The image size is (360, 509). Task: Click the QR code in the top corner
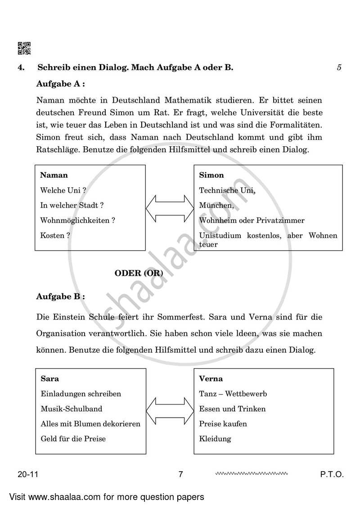click(x=24, y=48)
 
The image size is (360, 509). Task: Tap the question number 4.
click(x=21, y=68)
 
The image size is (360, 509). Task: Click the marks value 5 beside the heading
click(x=339, y=68)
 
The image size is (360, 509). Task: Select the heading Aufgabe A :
click(x=61, y=84)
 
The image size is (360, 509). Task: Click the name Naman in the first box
click(x=54, y=175)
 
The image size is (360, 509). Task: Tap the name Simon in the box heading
click(x=211, y=175)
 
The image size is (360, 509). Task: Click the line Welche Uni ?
click(x=63, y=190)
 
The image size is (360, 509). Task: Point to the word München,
click(x=216, y=205)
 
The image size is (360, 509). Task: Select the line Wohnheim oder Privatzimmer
click(x=252, y=221)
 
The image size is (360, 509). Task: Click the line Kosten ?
click(x=55, y=235)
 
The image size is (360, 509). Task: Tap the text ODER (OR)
click(x=139, y=273)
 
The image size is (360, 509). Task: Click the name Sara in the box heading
click(x=49, y=378)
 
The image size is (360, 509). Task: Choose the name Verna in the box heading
click(x=211, y=378)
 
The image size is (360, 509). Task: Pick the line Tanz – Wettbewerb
click(x=233, y=394)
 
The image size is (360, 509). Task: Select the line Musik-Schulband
click(x=71, y=409)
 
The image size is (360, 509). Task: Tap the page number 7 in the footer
click(x=180, y=474)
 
